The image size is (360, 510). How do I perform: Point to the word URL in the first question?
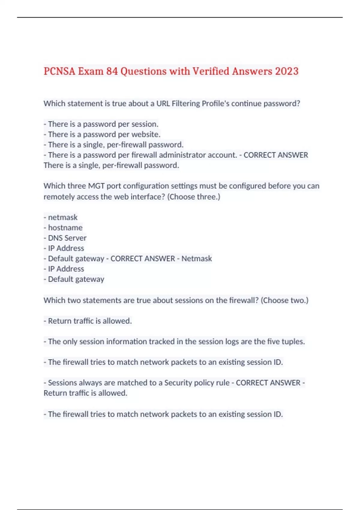pyautogui.click(x=163, y=103)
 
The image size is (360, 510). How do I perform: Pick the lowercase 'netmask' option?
pyautogui.click(x=63, y=217)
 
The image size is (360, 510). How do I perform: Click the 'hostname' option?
pyautogui.click(x=65, y=228)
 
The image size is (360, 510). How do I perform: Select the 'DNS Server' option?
pyautogui.click(x=67, y=238)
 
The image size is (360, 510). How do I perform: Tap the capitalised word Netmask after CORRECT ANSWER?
pyautogui.click(x=196, y=259)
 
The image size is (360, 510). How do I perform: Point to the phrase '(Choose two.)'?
pyautogui.click(x=284, y=300)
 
